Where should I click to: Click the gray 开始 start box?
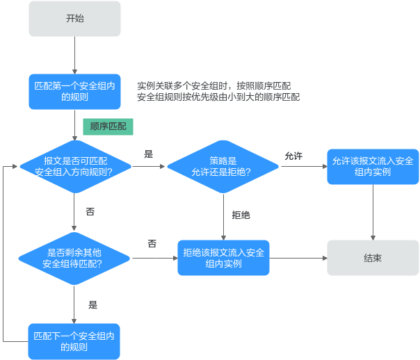click(74, 19)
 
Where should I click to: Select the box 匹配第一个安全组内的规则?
click(74, 91)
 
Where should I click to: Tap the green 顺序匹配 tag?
click(108, 127)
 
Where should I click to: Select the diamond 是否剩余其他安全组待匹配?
click(74, 259)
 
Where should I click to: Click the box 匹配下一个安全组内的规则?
click(74, 341)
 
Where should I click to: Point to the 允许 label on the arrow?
click(293, 156)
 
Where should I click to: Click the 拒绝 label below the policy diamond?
click(241, 215)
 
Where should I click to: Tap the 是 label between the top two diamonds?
click(148, 154)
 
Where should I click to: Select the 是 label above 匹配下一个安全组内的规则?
click(92, 304)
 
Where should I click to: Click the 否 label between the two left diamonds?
click(90, 211)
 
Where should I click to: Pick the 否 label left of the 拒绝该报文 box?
click(152, 243)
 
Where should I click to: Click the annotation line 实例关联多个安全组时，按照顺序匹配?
click(213, 85)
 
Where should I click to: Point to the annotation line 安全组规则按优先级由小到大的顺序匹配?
click(218, 97)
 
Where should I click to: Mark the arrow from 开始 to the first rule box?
click(74, 55)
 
